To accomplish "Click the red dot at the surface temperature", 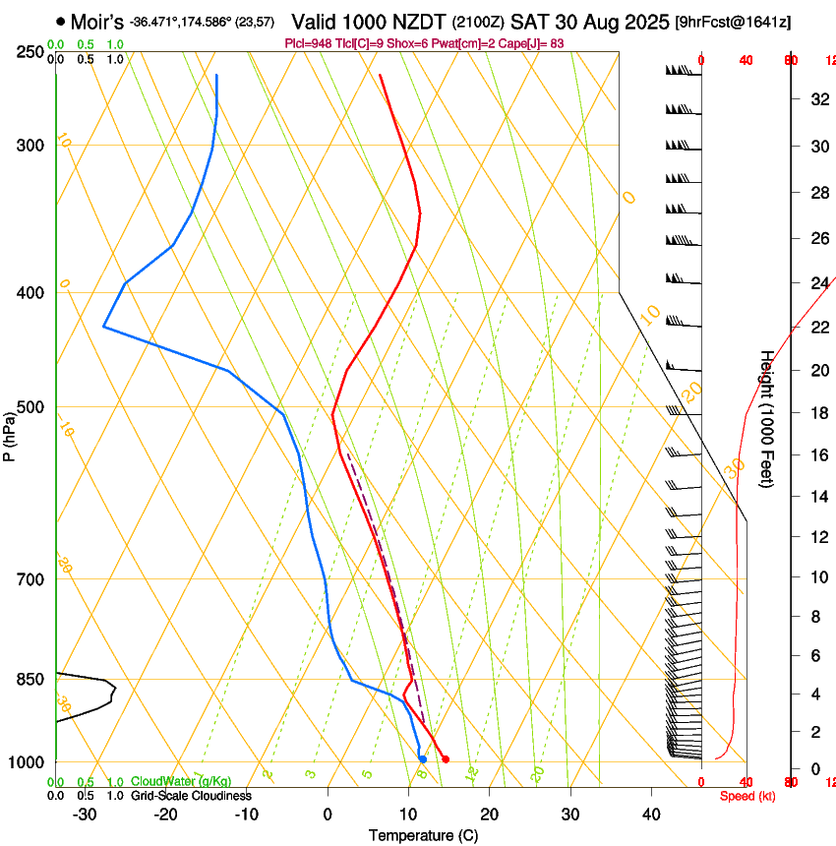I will pyautogui.click(x=446, y=758).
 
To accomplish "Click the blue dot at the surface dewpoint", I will pyautogui.click(x=422, y=758).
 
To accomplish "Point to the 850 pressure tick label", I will pyautogui.click(x=30, y=680).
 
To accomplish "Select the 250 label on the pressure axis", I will pyautogui.click(x=30, y=52).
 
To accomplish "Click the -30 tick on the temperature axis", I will pyautogui.click(x=85, y=815).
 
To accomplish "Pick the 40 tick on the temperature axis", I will pyautogui.click(x=651, y=815).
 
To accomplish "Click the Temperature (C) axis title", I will pyautogui.click(x=423, y=836).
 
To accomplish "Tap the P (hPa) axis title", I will pyautogui.click(x=10, y=434).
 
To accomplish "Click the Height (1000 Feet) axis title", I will pyautogui.click(x=767, y=419).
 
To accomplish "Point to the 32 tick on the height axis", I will pyautogui.click(x=817, y=99).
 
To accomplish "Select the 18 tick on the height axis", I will pyautogui.click(x=817, y=413).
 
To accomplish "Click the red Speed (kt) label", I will pyautogui.click(x=747, y=796).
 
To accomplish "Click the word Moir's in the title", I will pyautogui.click(x=97, y=21).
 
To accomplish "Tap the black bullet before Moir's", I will pyautogui.click(x=61, y=21).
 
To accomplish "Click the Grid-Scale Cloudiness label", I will pyautogui.click(x=191, y=795).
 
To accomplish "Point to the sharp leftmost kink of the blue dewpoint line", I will pyautogui.click(x=103, y=327).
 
